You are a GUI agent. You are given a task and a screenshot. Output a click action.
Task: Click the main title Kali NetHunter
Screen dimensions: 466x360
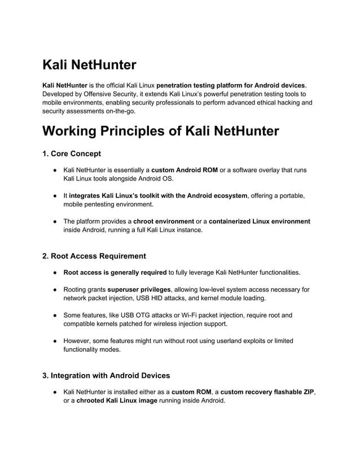point(89,65)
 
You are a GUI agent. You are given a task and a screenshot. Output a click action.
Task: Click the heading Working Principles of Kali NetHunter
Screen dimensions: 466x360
point(160,131)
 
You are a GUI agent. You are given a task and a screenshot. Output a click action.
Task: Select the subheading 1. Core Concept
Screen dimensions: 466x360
point(72,153)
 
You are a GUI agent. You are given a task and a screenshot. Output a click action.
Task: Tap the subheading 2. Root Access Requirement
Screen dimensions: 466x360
point(94,256)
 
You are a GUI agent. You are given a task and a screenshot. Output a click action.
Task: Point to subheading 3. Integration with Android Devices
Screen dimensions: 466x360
point(106,375)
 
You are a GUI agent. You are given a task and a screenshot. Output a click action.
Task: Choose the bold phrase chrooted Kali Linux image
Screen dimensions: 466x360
point(117,401)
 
